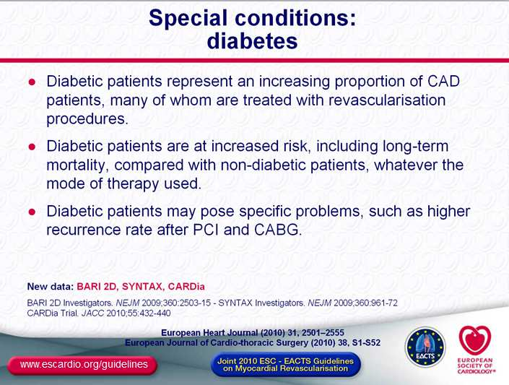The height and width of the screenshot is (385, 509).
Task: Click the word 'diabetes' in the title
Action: pyautogui.click(x=252, y=41)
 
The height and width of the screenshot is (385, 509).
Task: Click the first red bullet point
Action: pyautogui.click(x=32, y=82)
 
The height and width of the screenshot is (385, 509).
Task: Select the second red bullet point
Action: pyautogui.click(x=32, y=147)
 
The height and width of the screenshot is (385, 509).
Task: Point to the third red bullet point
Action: pyautogui.click(x=32, y=212)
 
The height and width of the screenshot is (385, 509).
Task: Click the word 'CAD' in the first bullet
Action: pyautogui.click(x=443, y=81)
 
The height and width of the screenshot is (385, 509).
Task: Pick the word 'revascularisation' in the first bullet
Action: pyautogui.click(x=387, y=100)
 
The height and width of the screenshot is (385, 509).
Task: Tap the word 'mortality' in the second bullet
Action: pyautogui.click(x=77, y=165)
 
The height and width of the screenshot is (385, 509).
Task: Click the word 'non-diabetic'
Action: pyautogui.click(x=263, y=165)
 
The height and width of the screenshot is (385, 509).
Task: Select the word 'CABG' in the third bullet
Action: pyautogui.click(x=277, y=230)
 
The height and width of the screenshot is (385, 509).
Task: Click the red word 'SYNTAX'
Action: pyautogui.click(x=142, y=287)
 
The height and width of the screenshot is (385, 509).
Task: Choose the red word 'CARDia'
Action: pyautogui.click(x=186, y=287)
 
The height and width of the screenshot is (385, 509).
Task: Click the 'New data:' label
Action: pyautogui.click(x=51, y=287)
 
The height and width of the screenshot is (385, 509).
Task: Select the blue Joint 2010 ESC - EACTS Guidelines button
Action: pyautogui.click(x=286, y=365)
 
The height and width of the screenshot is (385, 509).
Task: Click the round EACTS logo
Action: pyautogui.click(x=425, y=347)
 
